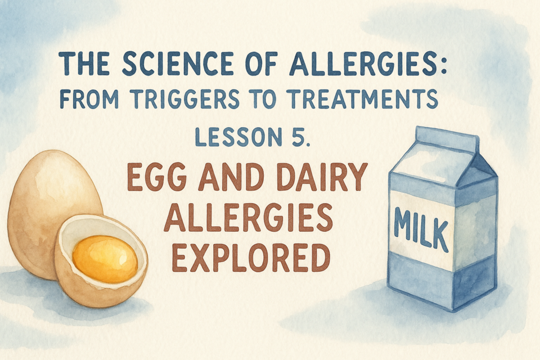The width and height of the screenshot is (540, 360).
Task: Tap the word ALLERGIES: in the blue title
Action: click(368, 64)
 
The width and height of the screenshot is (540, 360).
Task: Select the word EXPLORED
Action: click(251, 257)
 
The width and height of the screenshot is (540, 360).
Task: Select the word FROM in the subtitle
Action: click(89, 99)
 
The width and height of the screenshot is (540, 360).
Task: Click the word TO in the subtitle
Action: click(264, 99)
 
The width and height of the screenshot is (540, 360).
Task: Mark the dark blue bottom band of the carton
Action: click(442, 281)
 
